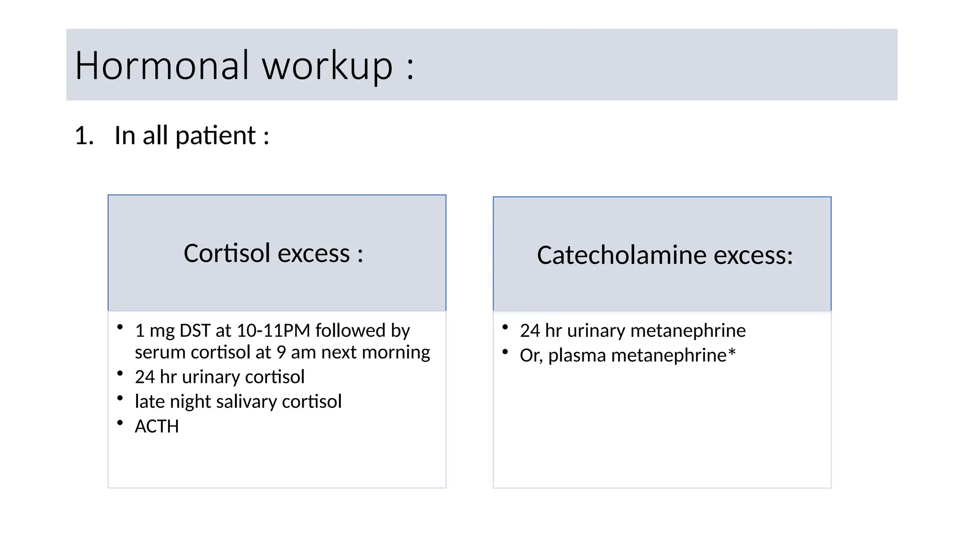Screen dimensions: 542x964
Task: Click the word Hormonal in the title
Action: [x=161, y=65]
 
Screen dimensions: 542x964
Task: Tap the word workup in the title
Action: [x=327, y=66]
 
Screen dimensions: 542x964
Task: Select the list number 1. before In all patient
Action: [x=84, y=136]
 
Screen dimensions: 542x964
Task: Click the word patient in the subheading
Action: [x=215, y=136]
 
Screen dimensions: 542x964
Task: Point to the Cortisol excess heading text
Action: [x=273, y=254]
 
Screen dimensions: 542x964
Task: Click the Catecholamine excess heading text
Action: [x=665, y=255]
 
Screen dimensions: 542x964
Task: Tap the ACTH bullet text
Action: [x=157, y=427]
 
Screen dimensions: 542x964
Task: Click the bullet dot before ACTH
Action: [x=120, y=423]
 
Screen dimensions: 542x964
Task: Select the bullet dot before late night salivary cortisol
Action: [x=120, y=399]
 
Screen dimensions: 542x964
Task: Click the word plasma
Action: [x=577, y=356]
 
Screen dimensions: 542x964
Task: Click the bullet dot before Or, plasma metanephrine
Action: [x=505, y=351]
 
